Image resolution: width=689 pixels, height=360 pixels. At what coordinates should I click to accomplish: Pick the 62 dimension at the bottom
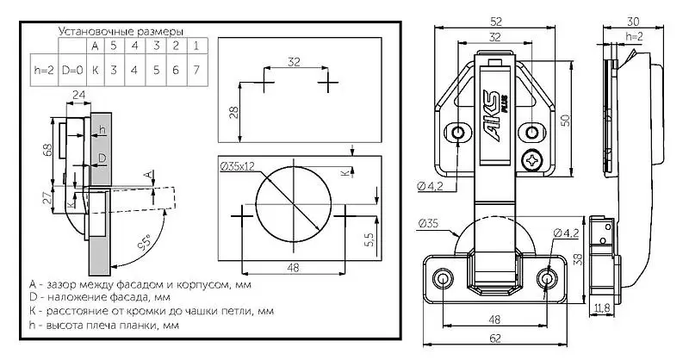pyautogui.click(x=497, y=338)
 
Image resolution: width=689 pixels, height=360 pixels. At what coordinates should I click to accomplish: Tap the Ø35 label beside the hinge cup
pyautogui.click(x=429, y=224)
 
